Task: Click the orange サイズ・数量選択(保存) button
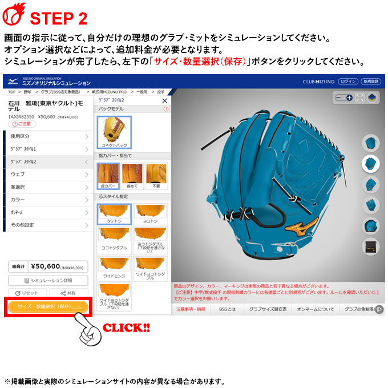point(48,306)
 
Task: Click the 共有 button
point(68,293)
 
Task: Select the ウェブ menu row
point(48,174)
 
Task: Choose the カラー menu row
point(48,200)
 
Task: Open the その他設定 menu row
point(48,225)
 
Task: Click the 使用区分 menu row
point(48,136)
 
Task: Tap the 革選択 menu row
point(48,187)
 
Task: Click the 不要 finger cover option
point(156,176)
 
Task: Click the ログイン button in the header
point(347,82)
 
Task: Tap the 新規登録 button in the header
point(371,82)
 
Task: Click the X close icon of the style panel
point(165,100)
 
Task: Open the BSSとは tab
point(227,309)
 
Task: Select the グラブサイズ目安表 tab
point(268,309)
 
